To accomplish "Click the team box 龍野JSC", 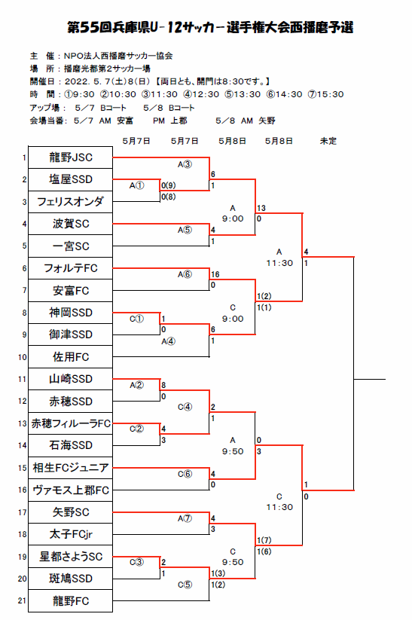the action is (x=70, y=157).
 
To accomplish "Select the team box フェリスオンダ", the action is (x=70, y=202).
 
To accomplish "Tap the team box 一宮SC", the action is (x=70, y=246).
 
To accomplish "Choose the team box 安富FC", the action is (x=70, y=291).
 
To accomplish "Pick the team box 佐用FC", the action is (x=70, y=357).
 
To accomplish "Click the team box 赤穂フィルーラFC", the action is (x=70, y=423).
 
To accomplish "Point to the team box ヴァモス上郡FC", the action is (x=70, y=490).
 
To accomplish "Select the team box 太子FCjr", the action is (x=70, y=535).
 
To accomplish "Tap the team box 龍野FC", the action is (x=70, y=601).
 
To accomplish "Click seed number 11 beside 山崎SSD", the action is (x=22, y=379).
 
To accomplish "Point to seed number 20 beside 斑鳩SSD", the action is (x=22, y=579).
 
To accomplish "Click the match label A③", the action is (x=185, y=164).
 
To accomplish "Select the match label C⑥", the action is (x=185, y=474).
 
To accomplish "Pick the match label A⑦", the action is (x=185, y=518).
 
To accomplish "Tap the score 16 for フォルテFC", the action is (x=215, y=274).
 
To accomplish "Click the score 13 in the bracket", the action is (x=261, y=208).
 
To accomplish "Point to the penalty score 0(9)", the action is (x=169, y=185).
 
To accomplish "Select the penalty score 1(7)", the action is (x=264, y=540).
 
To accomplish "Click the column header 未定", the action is (x=328, y=141).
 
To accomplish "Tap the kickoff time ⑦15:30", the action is (x=326, y=94).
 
